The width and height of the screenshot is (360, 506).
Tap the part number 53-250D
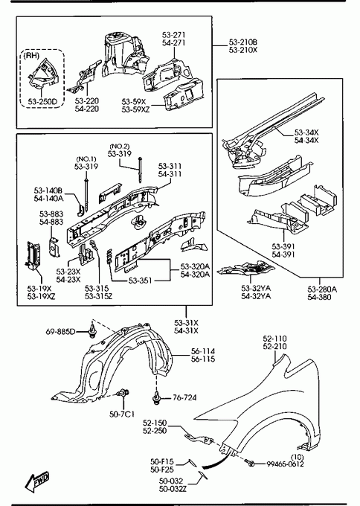(42, 102)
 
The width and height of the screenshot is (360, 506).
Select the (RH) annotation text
(31, 56)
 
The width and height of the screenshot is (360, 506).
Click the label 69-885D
(60, 331)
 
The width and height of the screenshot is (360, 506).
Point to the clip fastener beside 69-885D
(92, 331)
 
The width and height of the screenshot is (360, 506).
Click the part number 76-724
(184, 397)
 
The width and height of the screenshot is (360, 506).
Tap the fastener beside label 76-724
(156, 398)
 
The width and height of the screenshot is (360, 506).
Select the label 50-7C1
(122, 414)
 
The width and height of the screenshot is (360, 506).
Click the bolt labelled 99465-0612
(249, 462)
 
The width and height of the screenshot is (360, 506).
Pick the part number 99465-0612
(285, 464)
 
